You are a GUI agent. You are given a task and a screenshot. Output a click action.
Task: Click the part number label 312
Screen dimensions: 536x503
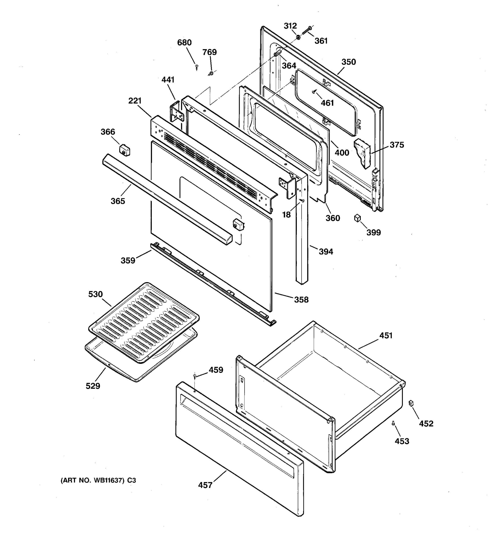pyautogui.click(x=290, y=26)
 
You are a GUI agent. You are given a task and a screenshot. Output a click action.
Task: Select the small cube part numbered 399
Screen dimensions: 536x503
pyautogui.click(x=357, y=218)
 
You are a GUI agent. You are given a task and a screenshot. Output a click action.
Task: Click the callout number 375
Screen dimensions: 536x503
pyautogui.click(x=397, y=145)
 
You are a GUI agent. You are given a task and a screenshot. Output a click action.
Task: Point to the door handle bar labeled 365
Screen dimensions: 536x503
pyautogui.click(x=167, y=199)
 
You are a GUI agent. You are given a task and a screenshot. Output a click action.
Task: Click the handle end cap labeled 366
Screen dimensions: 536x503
pyautogui.click(x=124, y=150)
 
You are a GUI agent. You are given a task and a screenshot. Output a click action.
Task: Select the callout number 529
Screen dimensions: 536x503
pyautogui.click(x=93, y=386)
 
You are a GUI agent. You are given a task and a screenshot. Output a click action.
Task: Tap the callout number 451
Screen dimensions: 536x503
pyautogui.click(x=386, y=336)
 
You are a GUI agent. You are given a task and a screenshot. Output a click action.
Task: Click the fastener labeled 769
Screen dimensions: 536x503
pyautogui.click(x=211, y=73)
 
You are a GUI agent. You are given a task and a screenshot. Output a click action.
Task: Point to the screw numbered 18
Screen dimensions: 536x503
pyautogui.click(x=302, y=200)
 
